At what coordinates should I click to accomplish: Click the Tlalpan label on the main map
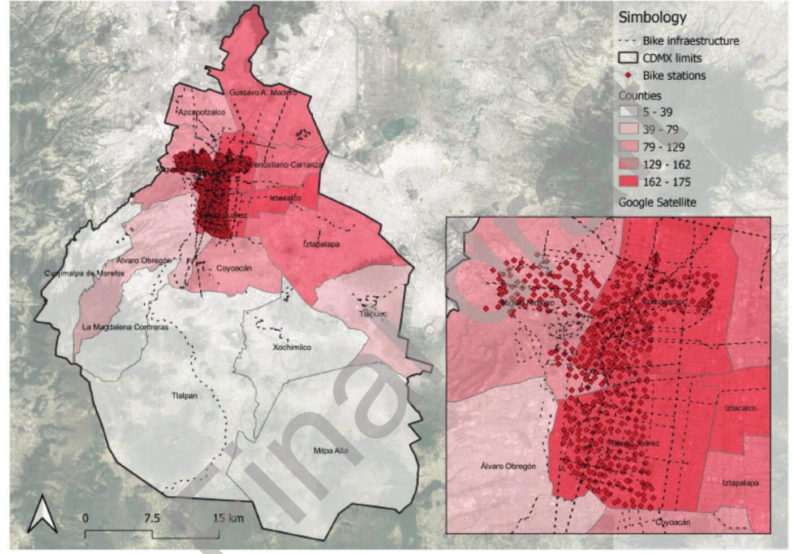point(184,396)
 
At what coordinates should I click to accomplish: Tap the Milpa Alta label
point(330,451)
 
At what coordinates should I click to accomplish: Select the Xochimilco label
point(292,347)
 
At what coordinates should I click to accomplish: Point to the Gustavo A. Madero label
point(262,92)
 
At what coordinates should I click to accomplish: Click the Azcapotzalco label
point(201,112)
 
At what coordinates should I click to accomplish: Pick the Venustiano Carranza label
point(286,165)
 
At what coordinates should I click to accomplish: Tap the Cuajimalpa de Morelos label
point(84,274)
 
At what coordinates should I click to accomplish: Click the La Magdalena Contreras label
point(125,327)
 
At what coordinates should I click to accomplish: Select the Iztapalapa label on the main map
point(321,244)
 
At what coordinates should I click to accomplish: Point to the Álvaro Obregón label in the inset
point(507,466)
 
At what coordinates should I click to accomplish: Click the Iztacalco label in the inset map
point(741,408)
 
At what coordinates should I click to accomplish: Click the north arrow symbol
point(43,513)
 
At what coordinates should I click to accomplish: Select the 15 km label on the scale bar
point(229,518)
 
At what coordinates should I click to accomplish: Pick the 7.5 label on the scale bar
point(152,518)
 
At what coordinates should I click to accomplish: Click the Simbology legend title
point(652,17)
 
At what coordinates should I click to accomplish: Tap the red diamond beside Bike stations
point(628,75)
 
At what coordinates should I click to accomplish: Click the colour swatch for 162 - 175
point(628,182)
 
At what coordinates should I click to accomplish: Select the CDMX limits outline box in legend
point(628,58)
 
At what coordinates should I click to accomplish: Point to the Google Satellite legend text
point(657,202)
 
